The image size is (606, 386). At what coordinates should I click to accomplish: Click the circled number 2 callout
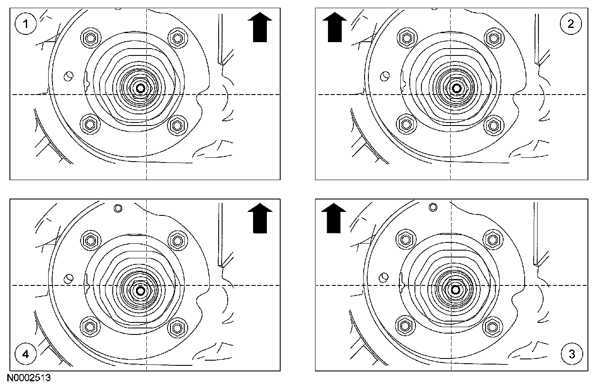tap(571, 24)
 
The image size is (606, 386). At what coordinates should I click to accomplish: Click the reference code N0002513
tap(29, 378)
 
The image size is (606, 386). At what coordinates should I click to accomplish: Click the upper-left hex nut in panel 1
tap(90, 38)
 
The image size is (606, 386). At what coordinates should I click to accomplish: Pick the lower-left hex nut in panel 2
tap(405, 125)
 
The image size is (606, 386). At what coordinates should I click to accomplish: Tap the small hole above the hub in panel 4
tap(118, 208)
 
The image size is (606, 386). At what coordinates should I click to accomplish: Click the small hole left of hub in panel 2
tap(384, 77)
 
